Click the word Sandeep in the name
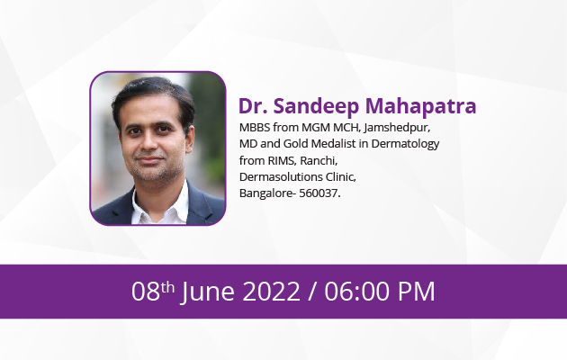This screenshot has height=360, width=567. pyautogui.click(x=316, y=106)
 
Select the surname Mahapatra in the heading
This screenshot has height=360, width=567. pyautogui.click(x=420, y=106)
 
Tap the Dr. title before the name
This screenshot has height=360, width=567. pyautogui.click(x=253, y=106)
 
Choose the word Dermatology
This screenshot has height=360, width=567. pyautogui.click(x=405, y=144)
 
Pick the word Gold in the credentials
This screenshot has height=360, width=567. pyautogui.click(x=295, y=144)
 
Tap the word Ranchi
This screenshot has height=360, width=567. pyautogui.click(x=319, y=160)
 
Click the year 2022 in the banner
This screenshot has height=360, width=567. pyautogui.click(x=271, y=291)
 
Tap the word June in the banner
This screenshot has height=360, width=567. pyautogui.click(x=208, y=292)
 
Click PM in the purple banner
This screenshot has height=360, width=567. pyautogui.click(x=416, y=291)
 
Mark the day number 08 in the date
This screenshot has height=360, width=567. pyautogui.click(x=146, y=291)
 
